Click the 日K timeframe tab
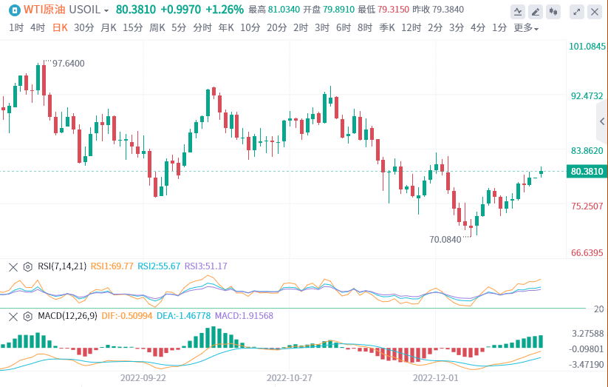click(x=60, y=27)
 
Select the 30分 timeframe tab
click(x=84, y=27)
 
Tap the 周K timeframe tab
click(x=157, y=27)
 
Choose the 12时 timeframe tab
click(x=411, y=27)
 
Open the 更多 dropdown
click(x=526, y=28)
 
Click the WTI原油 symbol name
click(x=44, y=10)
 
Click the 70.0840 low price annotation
click(x=445, y=239)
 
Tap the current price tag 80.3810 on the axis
click(x=587, y=172)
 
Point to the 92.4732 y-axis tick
click(x=587, y=96)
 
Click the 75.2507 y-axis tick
click(x=587, y=206)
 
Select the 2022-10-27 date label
click(x=290, y=377)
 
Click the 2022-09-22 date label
click(x=144, y=377)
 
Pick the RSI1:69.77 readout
click(x=112, y=266)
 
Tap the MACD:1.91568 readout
click(x=245, y=316)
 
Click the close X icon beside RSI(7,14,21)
click(x=13, y=266)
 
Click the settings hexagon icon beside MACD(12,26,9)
click(x=28, y=316)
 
